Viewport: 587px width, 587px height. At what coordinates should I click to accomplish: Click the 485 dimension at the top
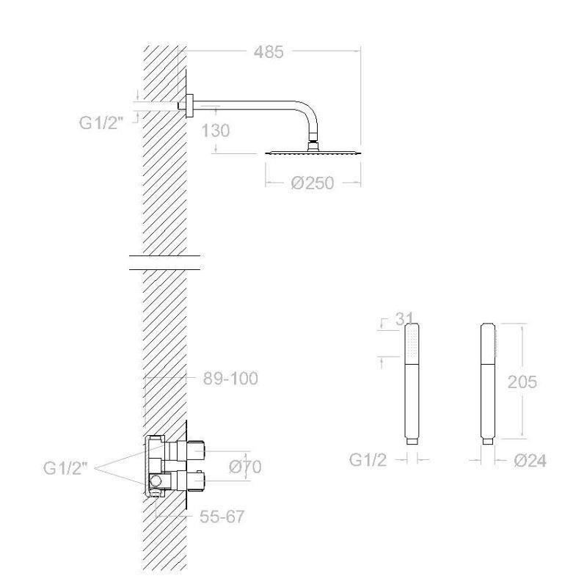coord(269,52)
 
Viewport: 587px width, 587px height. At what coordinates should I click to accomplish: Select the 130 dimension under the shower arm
coord(215,131)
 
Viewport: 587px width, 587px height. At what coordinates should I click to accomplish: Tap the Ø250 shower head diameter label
coord(313,183)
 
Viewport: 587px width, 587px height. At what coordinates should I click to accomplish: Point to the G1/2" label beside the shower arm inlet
coord(101,123)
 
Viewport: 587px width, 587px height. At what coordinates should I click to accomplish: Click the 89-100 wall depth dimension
coord(230,379)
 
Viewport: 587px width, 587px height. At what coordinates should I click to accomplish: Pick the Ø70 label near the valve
coord(245,467)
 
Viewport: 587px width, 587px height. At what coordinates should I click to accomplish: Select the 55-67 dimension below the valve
coord(222,517)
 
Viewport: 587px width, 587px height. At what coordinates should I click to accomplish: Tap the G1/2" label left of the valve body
coord(65,468)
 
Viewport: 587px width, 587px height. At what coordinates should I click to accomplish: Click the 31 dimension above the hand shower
coord(404,319)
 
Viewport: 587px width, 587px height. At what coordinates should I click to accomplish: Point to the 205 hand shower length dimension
coord(522,382)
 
